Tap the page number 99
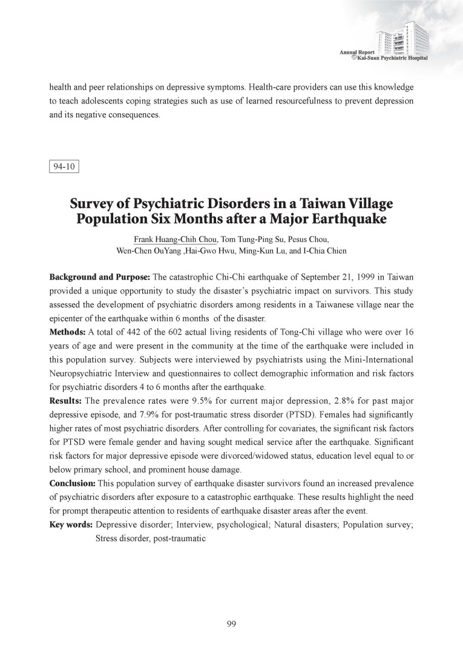click(x=232, y=625)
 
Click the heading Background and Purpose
click(x=100, y=277)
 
